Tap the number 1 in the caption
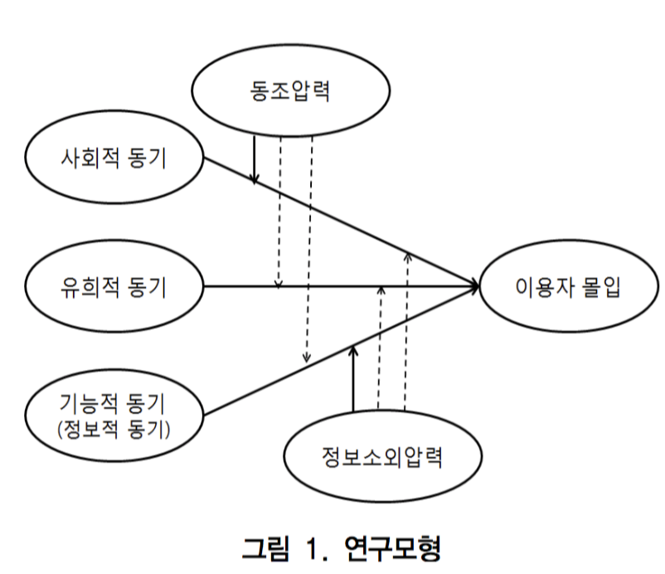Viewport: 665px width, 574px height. [313, 548]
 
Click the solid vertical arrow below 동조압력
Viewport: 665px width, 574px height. [254, 158]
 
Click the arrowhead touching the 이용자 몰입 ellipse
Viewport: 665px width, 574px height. [474, 286]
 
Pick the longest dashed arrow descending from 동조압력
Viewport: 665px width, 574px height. [308, 249]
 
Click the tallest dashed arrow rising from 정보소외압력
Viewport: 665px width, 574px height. [406, 332]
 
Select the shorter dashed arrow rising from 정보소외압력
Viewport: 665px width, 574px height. [380, 348]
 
